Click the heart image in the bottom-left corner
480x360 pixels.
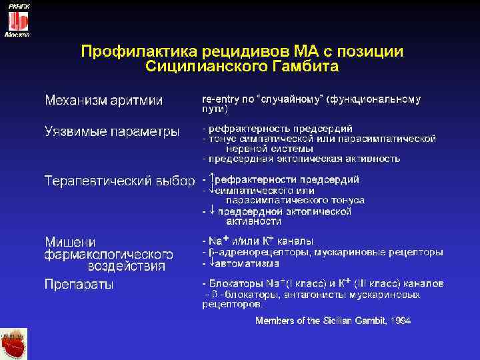(13, 344)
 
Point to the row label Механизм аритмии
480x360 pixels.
(103, 100)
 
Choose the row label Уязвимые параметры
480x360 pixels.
(112, 131)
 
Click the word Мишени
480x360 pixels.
(70, 241)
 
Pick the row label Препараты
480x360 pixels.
(79, 284)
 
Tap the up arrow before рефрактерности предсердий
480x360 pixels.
(212, 179)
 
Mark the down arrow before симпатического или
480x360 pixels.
(212, 189)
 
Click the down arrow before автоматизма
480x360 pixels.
(212, 263)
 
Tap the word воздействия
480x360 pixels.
(127, 266)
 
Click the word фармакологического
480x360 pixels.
(109, 254)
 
